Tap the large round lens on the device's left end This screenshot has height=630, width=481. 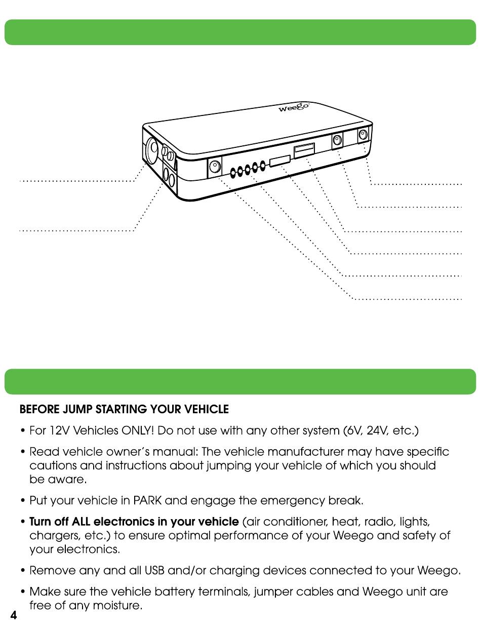pyautogui.click(x=151, y=149)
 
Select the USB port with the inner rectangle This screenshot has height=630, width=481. pyautogui.click(x=304, y=150)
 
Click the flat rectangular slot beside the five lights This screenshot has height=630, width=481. pyautogui.click(x=279, y=161)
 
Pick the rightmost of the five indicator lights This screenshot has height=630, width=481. pyautogui.click(x=262, y=165)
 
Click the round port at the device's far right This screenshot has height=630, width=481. pyautogui.click(x=363, y=135)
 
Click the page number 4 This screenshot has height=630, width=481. pyautogui.click(x=14, y=615)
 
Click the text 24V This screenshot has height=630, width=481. pyautogui.click(x=376, y=431)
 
